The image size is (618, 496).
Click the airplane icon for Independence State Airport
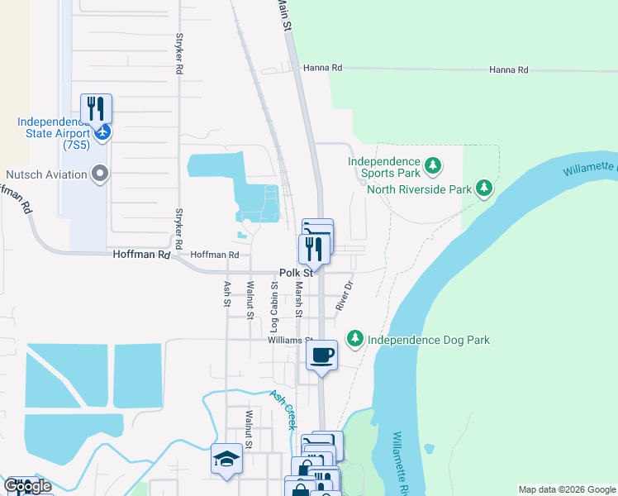102,132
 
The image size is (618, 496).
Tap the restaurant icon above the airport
96,108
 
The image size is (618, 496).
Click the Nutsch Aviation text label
46,174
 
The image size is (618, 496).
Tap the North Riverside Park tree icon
484,189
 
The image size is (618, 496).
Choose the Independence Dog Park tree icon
354,339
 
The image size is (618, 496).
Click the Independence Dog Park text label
429,340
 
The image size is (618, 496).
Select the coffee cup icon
321,355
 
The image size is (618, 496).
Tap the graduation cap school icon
226,460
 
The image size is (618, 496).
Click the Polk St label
296,272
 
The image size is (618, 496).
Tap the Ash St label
227,293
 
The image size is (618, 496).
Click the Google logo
27,486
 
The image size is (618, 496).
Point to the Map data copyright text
566,489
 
